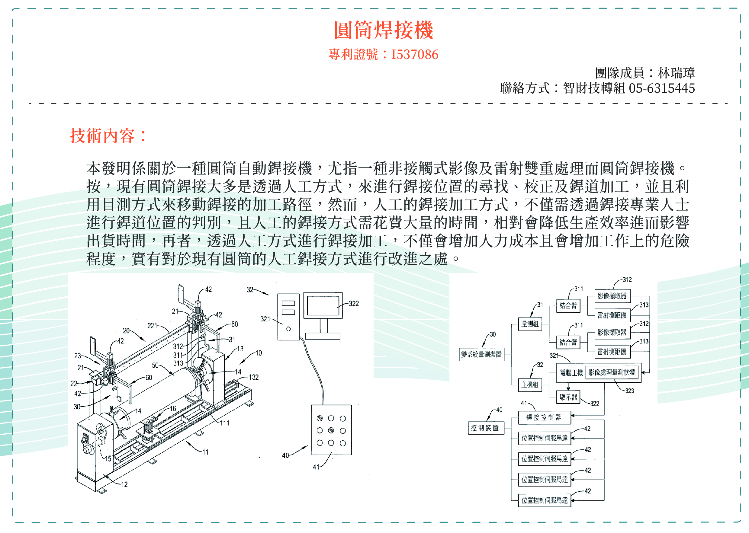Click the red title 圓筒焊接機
[x=383, y=30]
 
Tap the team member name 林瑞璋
[x=676, y=73]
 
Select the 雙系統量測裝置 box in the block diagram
[x=481, y=354]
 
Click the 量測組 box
[x=530, y=324]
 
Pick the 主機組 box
[x=530, y=385]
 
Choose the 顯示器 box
[x=568, y=397]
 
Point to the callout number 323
[x=629, y=391]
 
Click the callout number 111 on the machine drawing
[x=225, y=423]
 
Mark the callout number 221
[x=152, y=326]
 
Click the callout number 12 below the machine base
[x=124, y=484]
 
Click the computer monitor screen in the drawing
[x=323, y=305]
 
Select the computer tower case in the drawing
[x=288, y=317]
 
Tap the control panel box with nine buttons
[x=331, y=430]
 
